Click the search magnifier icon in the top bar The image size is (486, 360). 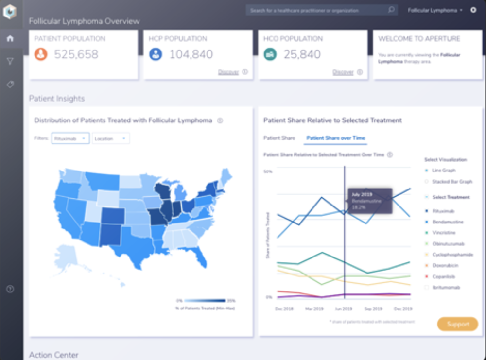click(391, 10)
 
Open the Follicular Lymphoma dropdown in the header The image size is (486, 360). click(435, 10)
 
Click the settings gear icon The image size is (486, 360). click(474, 10)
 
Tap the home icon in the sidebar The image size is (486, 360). click(10, 39)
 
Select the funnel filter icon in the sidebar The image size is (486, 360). click(10, 61)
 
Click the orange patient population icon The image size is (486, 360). click(41, 55)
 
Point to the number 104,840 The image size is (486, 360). click(191, 55)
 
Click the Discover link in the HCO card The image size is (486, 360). click(343, 72)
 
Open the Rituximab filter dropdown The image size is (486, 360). click(70, 138)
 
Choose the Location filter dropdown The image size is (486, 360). click(111, 138)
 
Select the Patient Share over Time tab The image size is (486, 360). click(335, 138)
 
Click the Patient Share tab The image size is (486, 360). click(279, 138)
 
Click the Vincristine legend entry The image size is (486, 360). click(444, 233)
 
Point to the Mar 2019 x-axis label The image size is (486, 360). click(314, 309)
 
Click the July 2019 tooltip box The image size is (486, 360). click(369, 201)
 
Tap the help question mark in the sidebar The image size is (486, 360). click(10, 289)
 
